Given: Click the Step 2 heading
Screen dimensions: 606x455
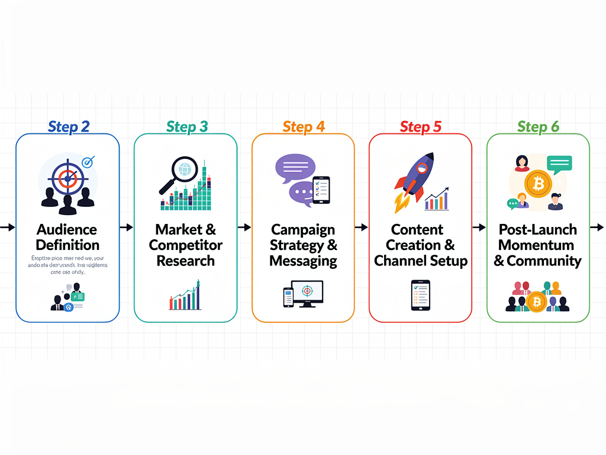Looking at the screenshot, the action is pyautogui.click(x=69, y=127).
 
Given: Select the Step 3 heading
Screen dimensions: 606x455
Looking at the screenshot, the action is pyautogui.click(x=187, y=127).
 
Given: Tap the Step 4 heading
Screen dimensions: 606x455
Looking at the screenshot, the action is pyautogui.click(x=304, y=127).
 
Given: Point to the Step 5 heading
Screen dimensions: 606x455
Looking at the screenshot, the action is pyautogui.click(x=421, y=127).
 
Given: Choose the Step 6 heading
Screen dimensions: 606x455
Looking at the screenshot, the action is pyautogui.click(x=538, y=127).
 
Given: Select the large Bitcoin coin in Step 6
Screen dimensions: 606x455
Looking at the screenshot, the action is pyautogui.click(x=537, y=184).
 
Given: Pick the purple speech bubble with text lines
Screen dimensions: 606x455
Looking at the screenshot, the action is pyautogui.click(x=295, y=168).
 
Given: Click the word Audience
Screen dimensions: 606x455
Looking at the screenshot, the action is pyautogui.click(x=66, y=229).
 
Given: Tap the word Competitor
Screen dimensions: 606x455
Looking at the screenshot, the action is pyautogui.click(x=186, y=245).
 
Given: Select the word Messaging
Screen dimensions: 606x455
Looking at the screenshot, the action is pyautogui.click(x=303, y=261).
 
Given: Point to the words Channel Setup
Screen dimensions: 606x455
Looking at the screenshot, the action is pyautogui.click(x=421, y=261).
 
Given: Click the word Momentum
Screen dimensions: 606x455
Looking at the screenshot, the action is pyautogui.click(x=536, y=245).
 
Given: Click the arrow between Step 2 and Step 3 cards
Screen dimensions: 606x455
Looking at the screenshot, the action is pyautogui.click(x=126, y=227).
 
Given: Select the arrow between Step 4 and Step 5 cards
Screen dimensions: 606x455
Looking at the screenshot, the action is pyautogui.click(x=361, y=227).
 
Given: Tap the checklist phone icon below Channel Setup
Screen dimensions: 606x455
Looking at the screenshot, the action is pyautogui.click(x=420, y=294).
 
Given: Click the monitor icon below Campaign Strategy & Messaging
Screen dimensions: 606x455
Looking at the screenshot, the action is pyautogui.click(x=307, y=293).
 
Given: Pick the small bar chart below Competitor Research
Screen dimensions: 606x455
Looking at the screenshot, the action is pyautogui.click(x=185, y=296).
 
